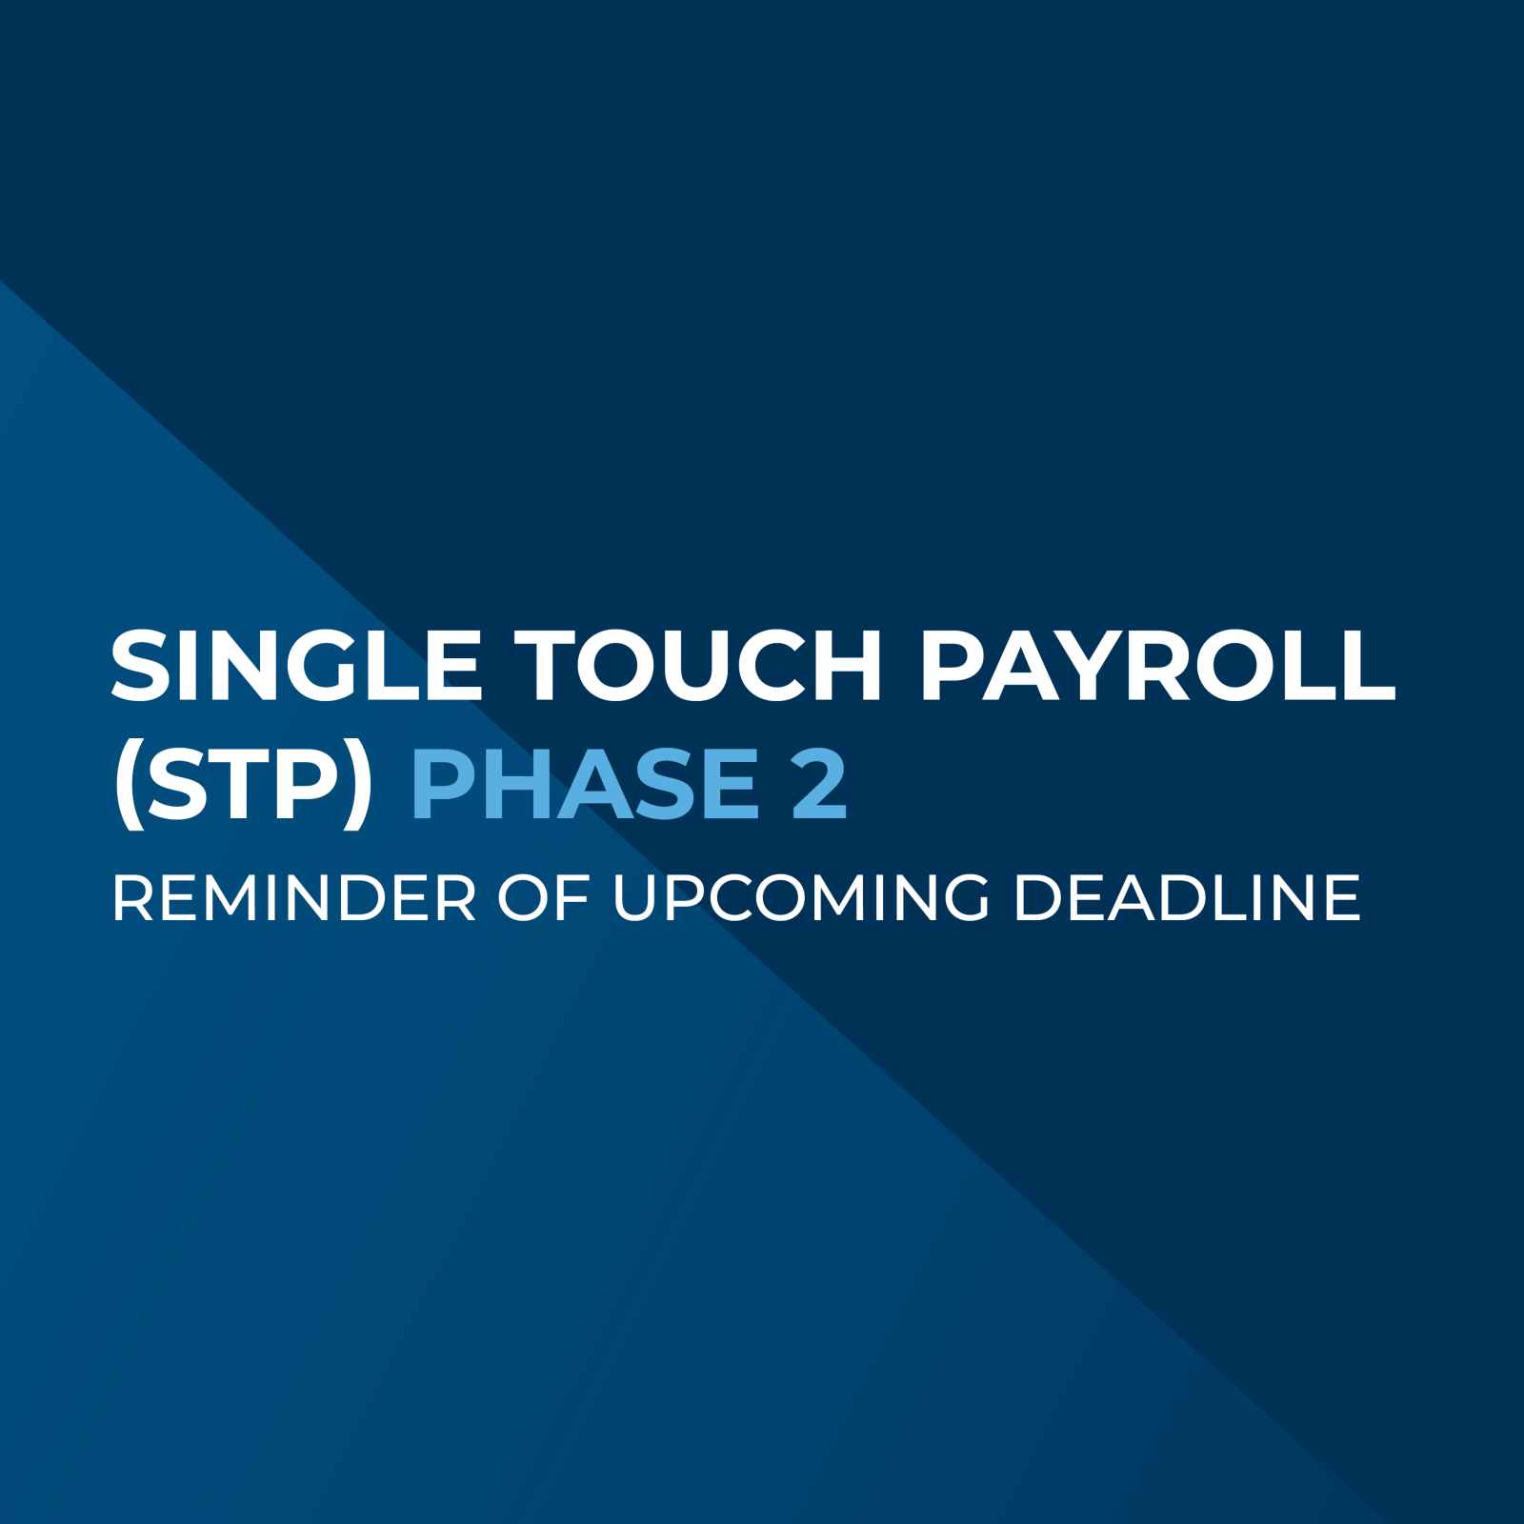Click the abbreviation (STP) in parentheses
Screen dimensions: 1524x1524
click(243, 785)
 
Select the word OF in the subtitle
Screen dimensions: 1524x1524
click(543, 898)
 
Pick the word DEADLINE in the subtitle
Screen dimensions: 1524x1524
click(1187, 898)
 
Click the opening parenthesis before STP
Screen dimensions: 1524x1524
click(128, 787)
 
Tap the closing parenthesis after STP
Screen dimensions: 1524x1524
click(358, 787)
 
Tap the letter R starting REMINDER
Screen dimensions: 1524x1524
click(130, 898)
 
